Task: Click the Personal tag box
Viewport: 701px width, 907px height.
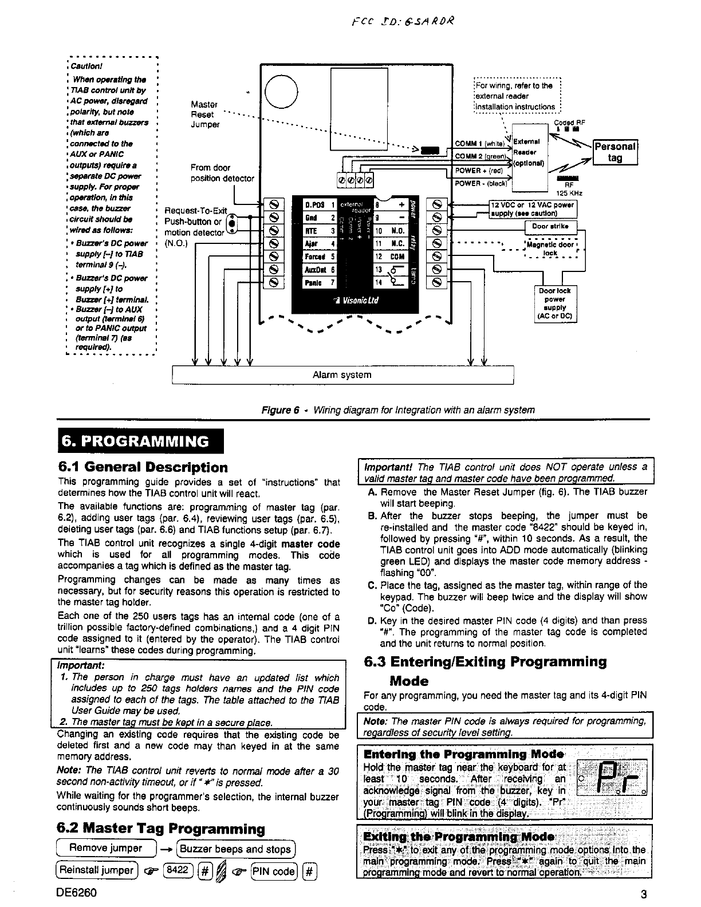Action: click(x=615, y=152)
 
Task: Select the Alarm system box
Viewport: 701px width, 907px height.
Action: click(x=342, y=375)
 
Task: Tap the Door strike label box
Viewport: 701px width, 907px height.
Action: click(x=550, y=226)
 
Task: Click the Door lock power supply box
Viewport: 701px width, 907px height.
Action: click(x=554, y=303)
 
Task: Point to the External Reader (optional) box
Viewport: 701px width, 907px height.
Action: click(x=530, y=152)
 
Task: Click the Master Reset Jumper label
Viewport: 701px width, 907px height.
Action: click(x=204, y=114)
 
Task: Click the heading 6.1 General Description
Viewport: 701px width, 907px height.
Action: click(x=143, y=467)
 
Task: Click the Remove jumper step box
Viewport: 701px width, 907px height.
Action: click(x=106, y=848)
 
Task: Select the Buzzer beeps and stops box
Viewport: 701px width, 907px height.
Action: click(x=237, y=849)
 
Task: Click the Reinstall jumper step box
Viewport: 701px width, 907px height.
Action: click(x=97, y=871)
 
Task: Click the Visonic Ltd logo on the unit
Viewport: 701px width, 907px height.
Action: click(x=359, y=300)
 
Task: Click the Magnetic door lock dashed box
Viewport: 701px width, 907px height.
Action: click(x=552, y=249)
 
